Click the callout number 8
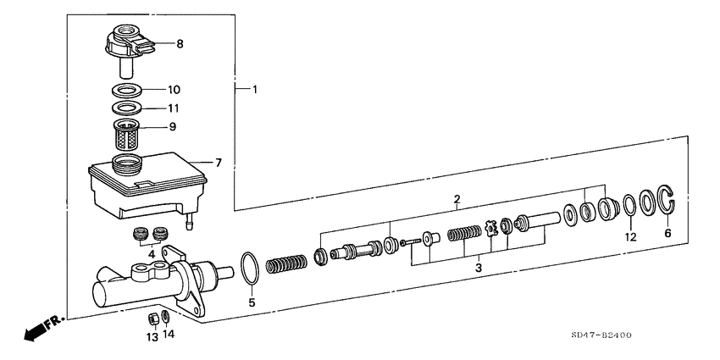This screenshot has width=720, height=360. [180, 44]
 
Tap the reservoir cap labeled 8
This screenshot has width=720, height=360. [128, 50]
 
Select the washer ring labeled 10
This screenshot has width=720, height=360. [127, 90]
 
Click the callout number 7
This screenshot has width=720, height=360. [218, 163]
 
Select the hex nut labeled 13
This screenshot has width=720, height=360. [155, 318]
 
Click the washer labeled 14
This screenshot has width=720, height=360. [167, 317]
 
